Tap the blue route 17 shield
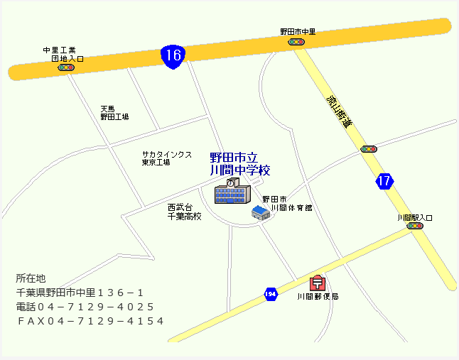coord(384,180)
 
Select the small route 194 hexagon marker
coord(270,293)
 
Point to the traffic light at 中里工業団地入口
coord(66,67)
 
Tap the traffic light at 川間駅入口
coord(414,226)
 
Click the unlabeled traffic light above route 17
coord(368,149)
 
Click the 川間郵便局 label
coord(318,296)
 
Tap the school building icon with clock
coord(232,191)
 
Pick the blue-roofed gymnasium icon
coord(261,212)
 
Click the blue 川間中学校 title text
coord(240,165)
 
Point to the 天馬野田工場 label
coord(114,113)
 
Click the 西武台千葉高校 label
coord(184,212)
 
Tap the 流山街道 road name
coord(339,111)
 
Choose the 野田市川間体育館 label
coord(287,204)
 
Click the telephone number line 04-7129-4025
coord(85,307)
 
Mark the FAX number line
coord(90,321)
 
